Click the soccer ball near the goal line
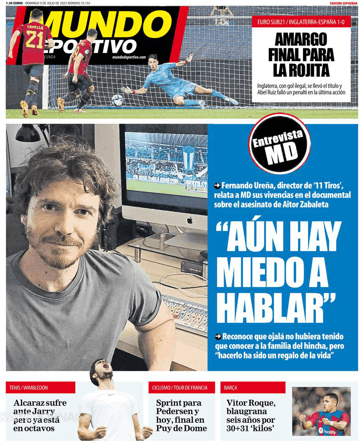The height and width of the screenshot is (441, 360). click(x=118, y=100)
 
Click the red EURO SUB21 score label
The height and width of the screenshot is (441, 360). click(x=301, y=22)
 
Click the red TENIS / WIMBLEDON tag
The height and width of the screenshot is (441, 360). click(x=40, y=388)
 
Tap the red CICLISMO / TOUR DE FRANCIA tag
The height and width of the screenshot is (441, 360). click(x=181, y=388)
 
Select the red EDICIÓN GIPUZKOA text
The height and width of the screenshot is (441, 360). click(x=343, y=3)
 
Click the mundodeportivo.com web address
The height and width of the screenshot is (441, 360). click(x=129, y=57)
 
